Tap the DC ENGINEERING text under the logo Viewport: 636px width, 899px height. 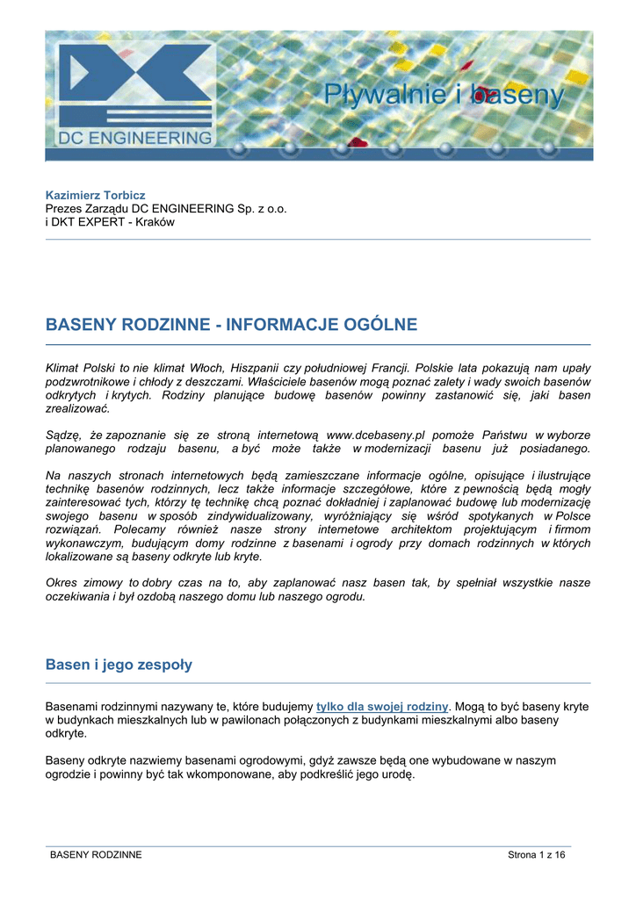[x=131, y=138]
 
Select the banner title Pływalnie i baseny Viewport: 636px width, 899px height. [x=444, y=93]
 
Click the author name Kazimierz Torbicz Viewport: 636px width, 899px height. [x=95, y=194]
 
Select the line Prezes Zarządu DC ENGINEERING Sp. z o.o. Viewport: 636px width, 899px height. [x=166, y=208]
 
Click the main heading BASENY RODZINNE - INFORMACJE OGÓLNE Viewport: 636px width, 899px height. [x=231, y=326]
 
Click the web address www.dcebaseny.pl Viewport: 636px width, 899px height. [x=375, y=435]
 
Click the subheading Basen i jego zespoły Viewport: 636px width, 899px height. [x=119, y=665]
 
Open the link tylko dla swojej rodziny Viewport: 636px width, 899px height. [x=382, y=706]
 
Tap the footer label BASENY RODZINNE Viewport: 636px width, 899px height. [x=96, y=855]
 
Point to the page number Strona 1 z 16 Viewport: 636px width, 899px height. [x=537, y=855]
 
